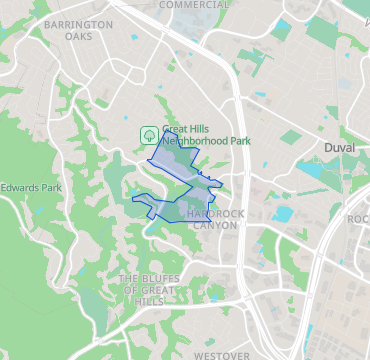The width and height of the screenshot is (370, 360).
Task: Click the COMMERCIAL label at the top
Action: [194, 5]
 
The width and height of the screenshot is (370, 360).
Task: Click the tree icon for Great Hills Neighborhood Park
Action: [147, 134]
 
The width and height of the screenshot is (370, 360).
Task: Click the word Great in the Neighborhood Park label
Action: [176, 129]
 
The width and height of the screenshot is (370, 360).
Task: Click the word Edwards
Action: [23, 187]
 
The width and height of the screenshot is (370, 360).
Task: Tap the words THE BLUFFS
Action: [149, 277]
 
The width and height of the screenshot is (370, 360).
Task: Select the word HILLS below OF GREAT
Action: [149, 301]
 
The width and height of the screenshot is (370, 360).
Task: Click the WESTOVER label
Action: [221, 355]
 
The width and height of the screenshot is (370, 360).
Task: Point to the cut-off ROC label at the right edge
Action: [358, 219]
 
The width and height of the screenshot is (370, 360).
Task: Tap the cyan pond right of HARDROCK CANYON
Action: [283, 214]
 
